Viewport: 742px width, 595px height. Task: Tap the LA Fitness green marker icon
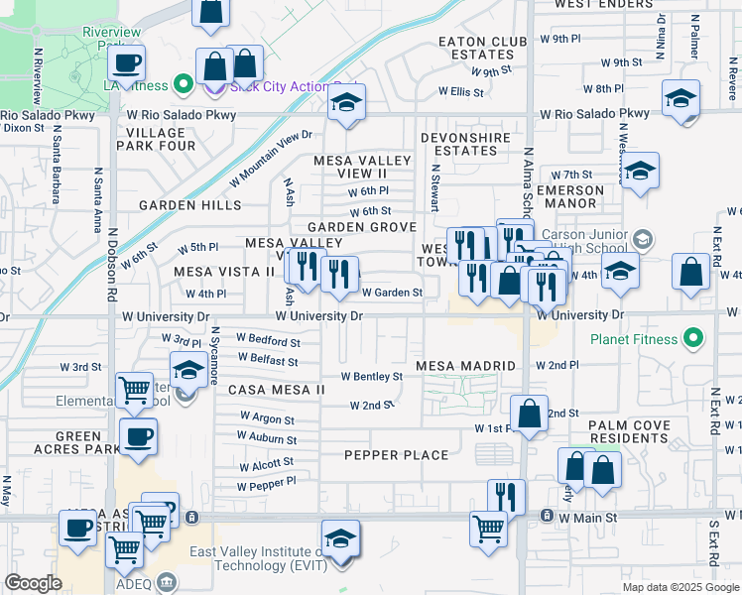pyautogui.click(x=183, y=85)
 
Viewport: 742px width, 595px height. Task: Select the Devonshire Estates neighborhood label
pyautogui.click(x=465, y=144)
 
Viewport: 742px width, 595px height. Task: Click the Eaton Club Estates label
pyautogui.click(x=483, y=48)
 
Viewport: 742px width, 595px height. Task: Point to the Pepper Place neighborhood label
pyautogui.click(x=396, y=455)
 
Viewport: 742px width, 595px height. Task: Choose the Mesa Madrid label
pyautogui.click(x=466, y=366)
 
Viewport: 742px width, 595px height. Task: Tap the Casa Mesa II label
pyautogui.click(x=277, y=390)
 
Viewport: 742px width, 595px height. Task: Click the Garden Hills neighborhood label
pyautogui.click(x=189, y=205)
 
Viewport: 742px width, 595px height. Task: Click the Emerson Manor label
pyautogui.click(x=569, y=196)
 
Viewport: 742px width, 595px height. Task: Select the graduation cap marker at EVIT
pyautogui.click(x=340, y=540)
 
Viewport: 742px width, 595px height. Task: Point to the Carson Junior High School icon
pyautogui.click(x=643, y=239)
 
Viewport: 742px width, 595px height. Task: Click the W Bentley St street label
pyautogui.click(x=372, y=377)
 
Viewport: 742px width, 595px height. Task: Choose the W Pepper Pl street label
pyautogui.click(x=266, y=486)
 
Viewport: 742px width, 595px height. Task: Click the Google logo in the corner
pyautogui.click(x=33, y=583)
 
